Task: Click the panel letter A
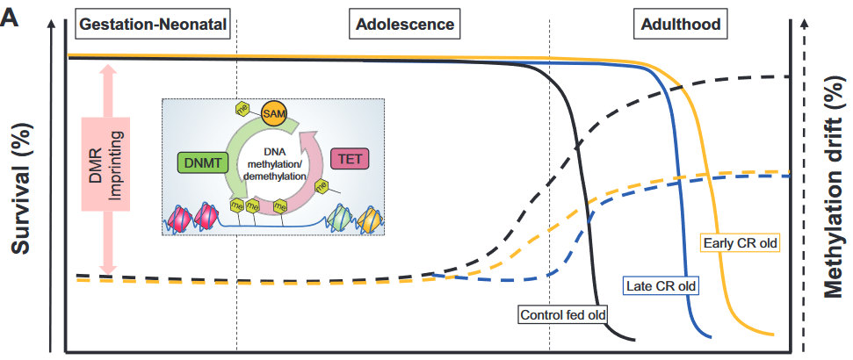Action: click(11, 16)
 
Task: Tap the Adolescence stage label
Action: click(406, 25)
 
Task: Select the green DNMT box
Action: click(202, 161)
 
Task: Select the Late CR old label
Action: click(661, 285)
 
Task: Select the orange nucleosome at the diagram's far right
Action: click(371, 217)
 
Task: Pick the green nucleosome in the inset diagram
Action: click(341, 217)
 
